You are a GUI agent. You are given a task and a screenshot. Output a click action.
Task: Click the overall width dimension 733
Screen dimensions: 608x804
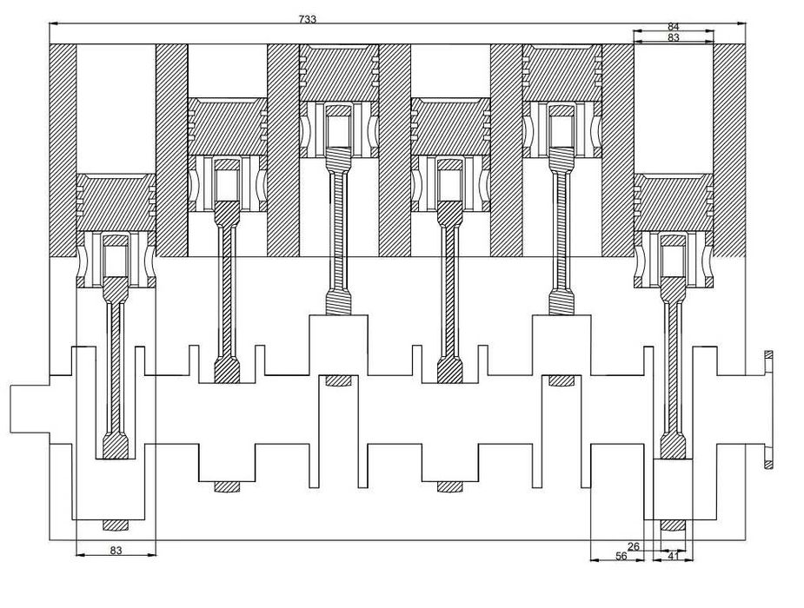click(307, 17)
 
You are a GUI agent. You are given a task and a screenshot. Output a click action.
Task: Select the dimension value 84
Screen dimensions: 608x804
click(673, 27)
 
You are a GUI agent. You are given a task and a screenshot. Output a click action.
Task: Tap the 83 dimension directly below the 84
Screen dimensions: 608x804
click(673, 38)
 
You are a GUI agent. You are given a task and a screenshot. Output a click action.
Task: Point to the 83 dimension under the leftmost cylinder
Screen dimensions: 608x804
click(116, 550)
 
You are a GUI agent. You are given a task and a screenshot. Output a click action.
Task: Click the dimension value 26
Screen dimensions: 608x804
click(634, 546)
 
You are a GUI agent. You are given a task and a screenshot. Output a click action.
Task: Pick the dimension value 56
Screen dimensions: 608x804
click(621, 556)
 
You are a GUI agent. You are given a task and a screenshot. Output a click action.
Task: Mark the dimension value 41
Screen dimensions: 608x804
click(673, 556)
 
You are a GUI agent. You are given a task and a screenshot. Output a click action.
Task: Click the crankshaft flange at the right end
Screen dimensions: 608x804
click(768, 409)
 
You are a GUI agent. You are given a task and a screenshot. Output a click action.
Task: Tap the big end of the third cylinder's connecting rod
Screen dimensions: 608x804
click(339, 303)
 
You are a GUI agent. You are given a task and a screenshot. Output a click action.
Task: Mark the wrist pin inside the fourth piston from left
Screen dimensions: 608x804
click(450, 182)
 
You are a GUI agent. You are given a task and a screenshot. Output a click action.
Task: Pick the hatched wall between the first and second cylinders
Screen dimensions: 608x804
click(171, 148)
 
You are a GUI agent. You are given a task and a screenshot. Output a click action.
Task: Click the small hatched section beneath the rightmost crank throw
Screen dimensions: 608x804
click(673, 525)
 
